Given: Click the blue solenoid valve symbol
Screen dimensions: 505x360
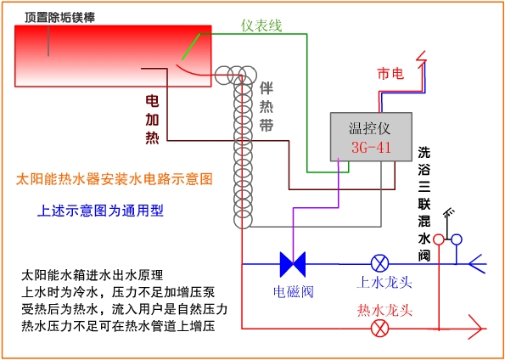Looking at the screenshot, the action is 293,264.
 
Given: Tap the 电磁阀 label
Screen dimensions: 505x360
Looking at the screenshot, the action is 293,292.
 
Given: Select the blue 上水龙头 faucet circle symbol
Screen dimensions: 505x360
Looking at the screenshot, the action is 379,264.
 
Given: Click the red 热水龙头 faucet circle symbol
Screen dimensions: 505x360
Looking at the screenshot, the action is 379,329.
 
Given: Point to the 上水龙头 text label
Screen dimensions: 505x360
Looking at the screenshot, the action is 384,283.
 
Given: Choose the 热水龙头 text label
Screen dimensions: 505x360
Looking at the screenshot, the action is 384,311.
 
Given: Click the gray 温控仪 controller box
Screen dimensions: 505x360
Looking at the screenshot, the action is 371,137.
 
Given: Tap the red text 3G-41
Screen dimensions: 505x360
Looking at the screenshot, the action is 371,147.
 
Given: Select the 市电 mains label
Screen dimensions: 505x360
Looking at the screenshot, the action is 390,75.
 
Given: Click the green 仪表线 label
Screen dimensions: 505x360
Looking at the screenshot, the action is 261,25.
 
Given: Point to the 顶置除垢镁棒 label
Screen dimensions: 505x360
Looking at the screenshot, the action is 60,18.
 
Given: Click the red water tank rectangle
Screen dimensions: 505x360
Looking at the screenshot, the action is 113,56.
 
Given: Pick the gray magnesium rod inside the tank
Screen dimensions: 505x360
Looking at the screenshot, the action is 48,41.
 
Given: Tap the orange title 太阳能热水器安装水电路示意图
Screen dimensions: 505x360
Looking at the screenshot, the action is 115,179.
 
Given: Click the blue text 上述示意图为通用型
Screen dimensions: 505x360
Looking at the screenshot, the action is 101,211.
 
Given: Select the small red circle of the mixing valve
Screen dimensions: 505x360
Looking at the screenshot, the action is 438,239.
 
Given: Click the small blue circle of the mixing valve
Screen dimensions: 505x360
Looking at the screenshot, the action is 457,239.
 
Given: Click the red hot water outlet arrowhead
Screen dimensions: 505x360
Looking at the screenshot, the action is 477,329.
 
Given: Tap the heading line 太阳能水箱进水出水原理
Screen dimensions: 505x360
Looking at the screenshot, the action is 93,276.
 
